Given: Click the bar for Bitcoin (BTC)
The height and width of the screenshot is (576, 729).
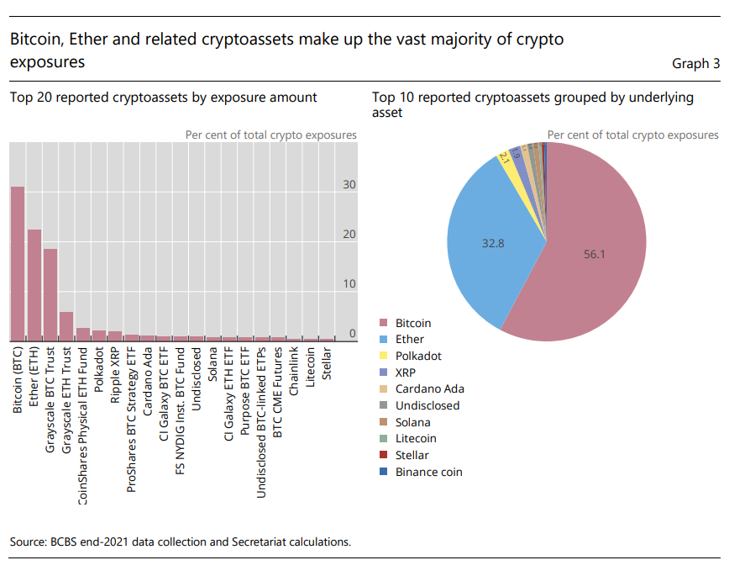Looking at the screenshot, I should coord(18,263).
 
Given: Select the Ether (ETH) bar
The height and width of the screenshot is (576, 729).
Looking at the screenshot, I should coord(34,285).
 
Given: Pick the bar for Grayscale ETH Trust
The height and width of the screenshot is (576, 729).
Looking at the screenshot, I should coord(66,326).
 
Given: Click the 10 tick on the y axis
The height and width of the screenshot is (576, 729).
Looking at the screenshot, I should coord(349,284).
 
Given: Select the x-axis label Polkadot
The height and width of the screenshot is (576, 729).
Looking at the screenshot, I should coord(100,370).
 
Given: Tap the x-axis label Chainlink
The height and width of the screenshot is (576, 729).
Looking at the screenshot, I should coord(294,367).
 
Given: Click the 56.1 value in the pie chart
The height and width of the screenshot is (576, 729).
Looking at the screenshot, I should coord(595,253).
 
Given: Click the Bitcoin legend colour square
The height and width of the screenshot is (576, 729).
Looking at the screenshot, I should coord(384,323).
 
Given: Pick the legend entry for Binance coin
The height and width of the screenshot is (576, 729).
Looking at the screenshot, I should coord(428,472).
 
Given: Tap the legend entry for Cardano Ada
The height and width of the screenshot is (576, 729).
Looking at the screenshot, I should coord(429,389).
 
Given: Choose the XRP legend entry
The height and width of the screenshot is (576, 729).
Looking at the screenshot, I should coord(407,373).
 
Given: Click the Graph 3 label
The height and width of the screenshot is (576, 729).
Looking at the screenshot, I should coord(695,63).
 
